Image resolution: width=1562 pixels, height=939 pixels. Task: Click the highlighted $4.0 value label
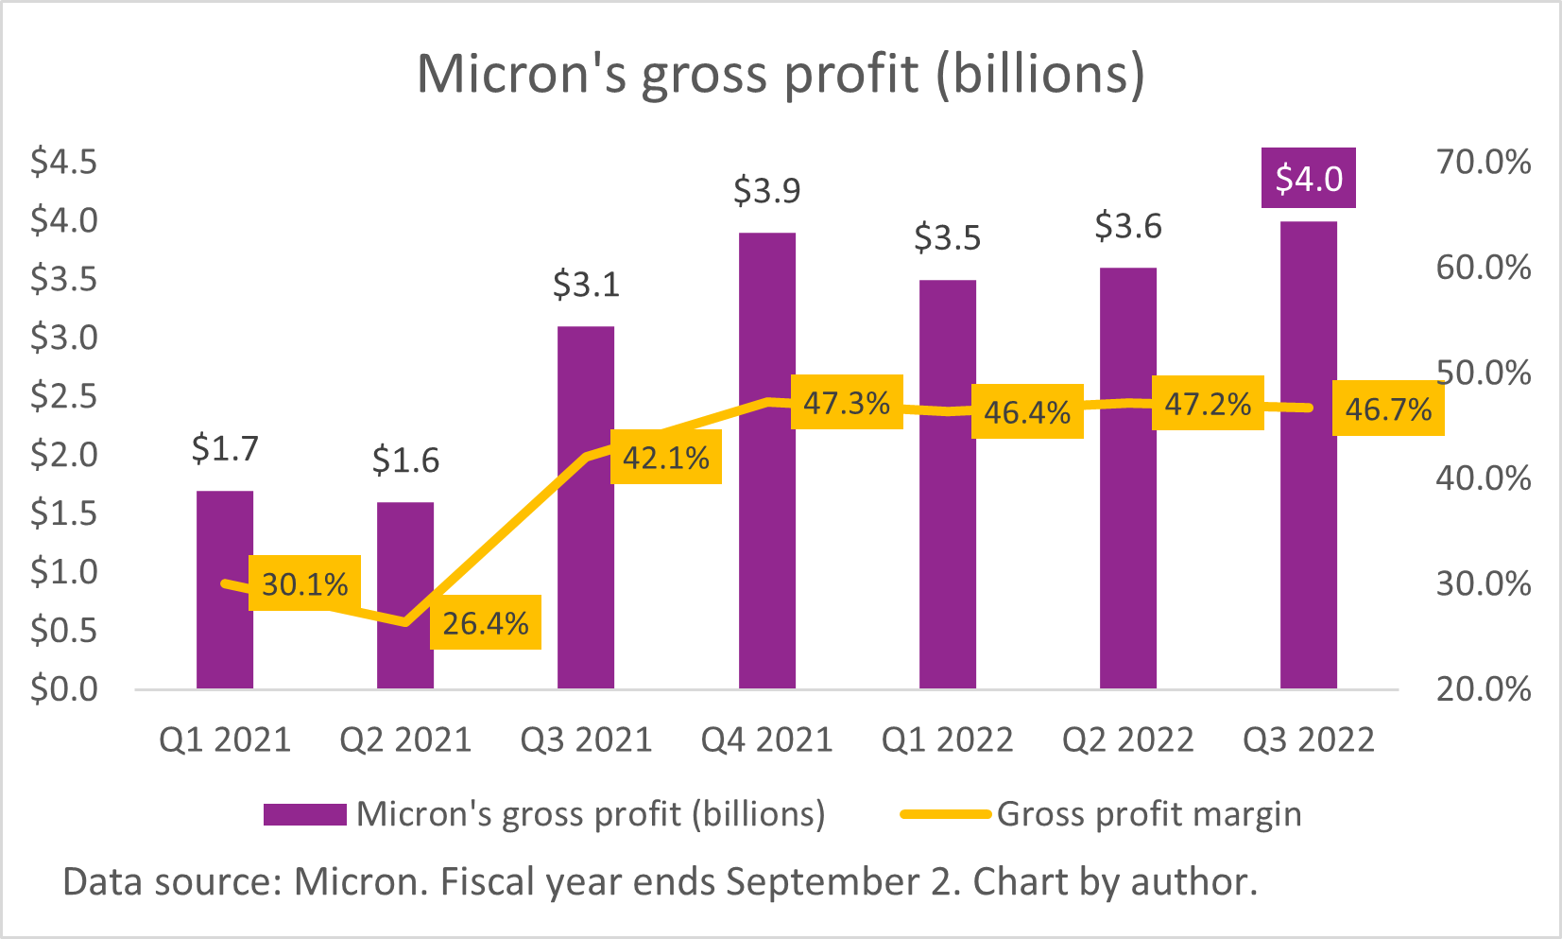click(x=1309, y=178)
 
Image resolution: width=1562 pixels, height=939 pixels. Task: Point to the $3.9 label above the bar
click(x=766, y=191)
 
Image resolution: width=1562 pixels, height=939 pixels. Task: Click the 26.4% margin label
click(x=486, y=622)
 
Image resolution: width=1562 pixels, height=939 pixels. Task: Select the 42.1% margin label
click(x=666, y=458)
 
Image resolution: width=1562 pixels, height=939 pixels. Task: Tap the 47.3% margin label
click(x=847, y=403)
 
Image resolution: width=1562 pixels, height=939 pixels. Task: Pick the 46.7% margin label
click(x=1388, y=409)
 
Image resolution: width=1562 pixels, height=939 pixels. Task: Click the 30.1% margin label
click(x=304, y=583)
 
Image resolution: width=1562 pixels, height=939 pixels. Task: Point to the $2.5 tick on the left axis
click(x=63, y=396)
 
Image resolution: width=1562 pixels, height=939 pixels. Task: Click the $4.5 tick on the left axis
click(x=63, y=162)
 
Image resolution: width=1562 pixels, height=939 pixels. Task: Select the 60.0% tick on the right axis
click(x=1483, y=268)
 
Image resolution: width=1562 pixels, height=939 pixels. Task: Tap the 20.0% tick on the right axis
click(x=1483, y=688)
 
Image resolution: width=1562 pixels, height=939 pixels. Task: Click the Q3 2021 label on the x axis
click(x=586, y=739)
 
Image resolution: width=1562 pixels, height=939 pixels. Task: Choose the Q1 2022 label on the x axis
click(x=947, y=739)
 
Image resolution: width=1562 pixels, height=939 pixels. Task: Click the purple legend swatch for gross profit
click(x=304, y=814)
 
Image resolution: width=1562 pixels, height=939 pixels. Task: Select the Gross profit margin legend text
click(x=1148, y=814)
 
